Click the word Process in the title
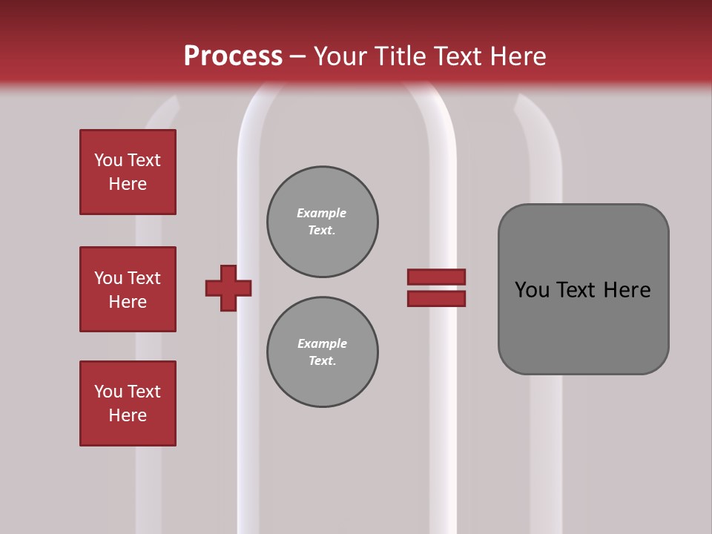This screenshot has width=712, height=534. (233, 56)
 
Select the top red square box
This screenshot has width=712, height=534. (128, 172)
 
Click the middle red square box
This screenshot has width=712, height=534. (128, 289)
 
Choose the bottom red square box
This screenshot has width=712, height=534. (128, 403)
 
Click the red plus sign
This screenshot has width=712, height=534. (228, 288)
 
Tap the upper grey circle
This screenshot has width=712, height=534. (323, 222)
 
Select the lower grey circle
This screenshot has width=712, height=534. (323, 352)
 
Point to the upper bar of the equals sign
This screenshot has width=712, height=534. (436, 277)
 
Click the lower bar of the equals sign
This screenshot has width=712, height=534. (436, 298)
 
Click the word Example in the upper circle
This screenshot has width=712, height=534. (322, 213)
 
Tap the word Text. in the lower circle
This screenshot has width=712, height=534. (322, 361)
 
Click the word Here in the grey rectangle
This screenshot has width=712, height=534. (627, 290)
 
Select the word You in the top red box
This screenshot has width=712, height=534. (108, 160)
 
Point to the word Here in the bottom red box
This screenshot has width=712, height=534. (128, 415)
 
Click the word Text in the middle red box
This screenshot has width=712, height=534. (144, 278)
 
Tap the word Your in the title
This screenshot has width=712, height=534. (340, 56)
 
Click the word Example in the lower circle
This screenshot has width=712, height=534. (322, 343)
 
